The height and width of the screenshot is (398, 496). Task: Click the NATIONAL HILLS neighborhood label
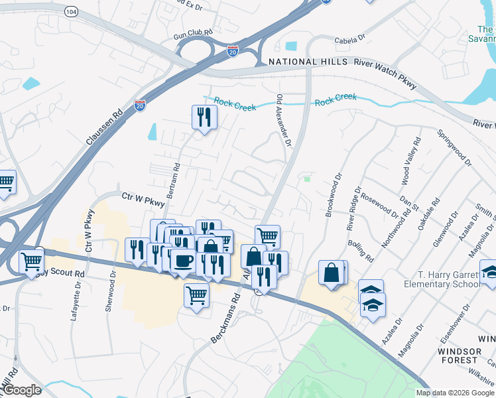(x=308, y=62)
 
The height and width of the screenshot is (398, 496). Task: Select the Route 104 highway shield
(x=72, y=12)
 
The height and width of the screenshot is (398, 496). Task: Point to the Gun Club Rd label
(x=193, y=32)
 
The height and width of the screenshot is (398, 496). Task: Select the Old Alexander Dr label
(x=284, y=120)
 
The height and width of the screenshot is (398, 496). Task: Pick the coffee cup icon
(x=183, y=261)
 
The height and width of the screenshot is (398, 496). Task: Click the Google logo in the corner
(x=21, y=390)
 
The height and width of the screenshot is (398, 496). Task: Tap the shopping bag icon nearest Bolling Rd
(x=331, y=272)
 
